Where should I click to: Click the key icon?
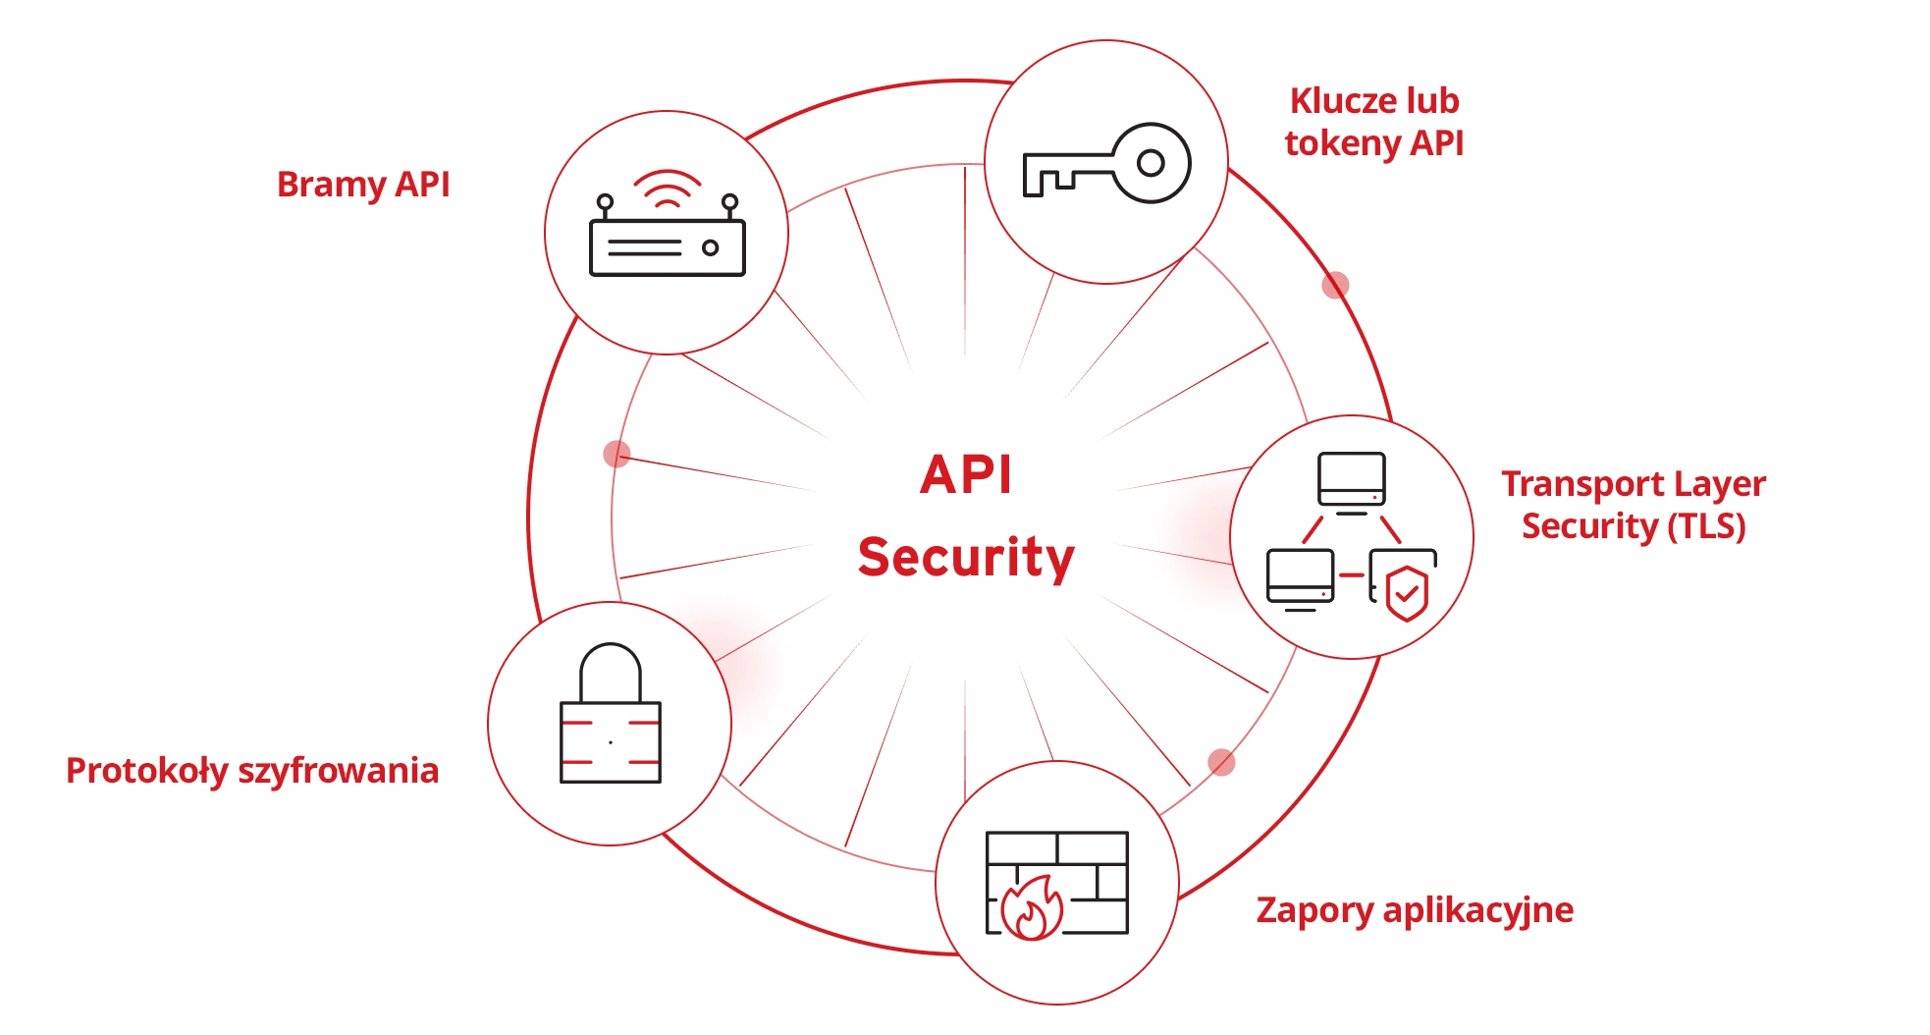[x=1106, y=163]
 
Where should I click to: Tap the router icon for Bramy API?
[x=667, y=235]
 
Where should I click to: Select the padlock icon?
[x=610, y=717]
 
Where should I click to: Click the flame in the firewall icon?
[x=1032, y=909]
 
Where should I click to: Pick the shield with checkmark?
[x=1407, y=592]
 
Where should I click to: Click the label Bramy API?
[x=363, y=185]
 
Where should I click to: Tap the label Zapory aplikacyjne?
[x=1414, y=910]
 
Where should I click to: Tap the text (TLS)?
[x=1706, y=526]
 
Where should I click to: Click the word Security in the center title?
[x=966, y=557]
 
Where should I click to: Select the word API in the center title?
[x=966, y=475]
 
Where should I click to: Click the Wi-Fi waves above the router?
[x=667, y=188]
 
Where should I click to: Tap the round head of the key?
[x=1150, y=163]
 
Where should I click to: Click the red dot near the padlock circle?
[x=617, y=454]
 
